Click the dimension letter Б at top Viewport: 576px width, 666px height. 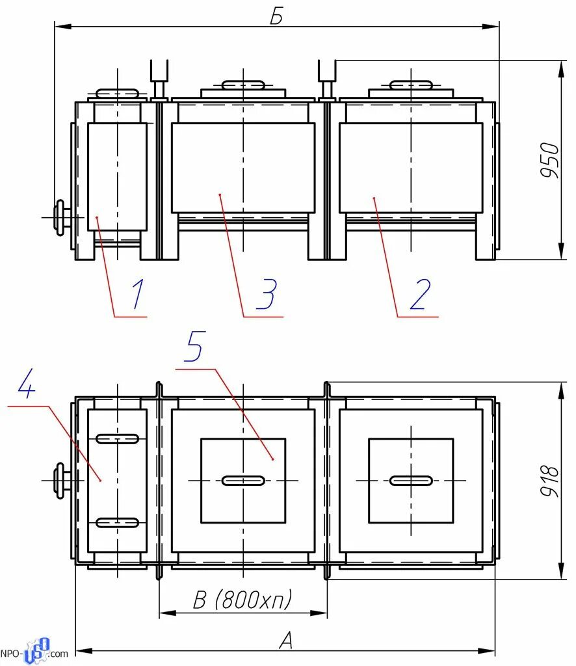[276, 16]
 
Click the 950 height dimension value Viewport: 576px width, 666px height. [550, 160]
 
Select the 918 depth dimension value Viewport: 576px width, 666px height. [550, 481]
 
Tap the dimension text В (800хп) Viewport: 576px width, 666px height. [242, 599]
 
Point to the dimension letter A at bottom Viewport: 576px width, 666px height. [287, 640]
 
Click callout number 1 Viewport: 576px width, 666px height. [138, 293]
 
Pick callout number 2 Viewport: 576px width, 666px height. [420, 294]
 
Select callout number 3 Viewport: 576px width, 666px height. [267, 293]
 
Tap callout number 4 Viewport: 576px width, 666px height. [26, 383]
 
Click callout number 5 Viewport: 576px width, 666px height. [195, 346]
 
